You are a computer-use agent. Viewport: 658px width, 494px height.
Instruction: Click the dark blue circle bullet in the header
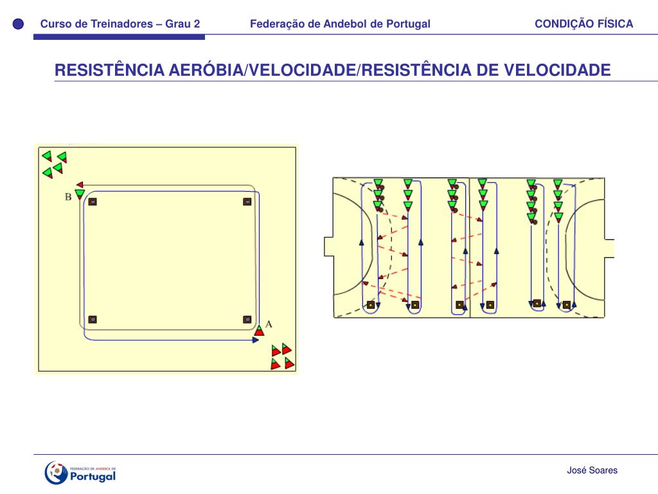coord(18,24)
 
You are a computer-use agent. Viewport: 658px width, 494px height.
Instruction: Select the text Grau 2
coord(182,24)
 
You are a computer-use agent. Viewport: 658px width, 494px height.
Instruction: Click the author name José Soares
coord(592,470)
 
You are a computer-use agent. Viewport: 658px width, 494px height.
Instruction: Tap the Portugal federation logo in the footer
coord(80,473)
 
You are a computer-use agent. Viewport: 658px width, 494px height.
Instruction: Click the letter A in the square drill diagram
coord(269,324)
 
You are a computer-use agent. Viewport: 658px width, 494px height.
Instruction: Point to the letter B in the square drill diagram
coord(67,197)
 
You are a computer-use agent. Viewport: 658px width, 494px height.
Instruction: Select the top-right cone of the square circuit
coord(247,202)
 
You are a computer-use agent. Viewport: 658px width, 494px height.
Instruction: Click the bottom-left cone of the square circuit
coord(93,320)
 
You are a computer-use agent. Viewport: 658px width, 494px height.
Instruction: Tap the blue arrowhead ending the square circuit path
coord(255,340)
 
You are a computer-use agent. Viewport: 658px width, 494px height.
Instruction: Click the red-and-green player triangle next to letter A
coord(259,331)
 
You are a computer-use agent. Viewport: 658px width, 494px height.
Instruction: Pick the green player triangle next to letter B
coord(79,193)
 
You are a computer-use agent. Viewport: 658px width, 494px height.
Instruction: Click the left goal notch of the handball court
coord(328,247)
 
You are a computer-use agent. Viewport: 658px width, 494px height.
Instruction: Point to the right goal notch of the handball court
coord(609,248)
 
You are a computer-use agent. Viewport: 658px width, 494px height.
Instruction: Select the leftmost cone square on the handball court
coord(370,304)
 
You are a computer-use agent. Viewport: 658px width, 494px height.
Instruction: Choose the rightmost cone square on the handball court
coord(566,305)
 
